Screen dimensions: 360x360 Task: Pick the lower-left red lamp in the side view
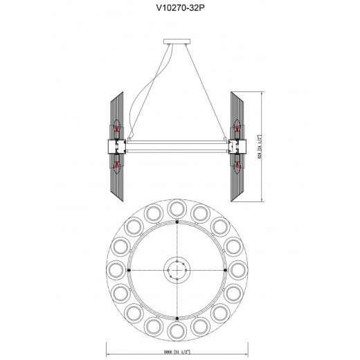[x=118, y=164]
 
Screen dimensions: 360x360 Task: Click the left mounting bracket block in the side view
[x=114, y=147]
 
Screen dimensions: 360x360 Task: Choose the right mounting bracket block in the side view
[x=238, y=147]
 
